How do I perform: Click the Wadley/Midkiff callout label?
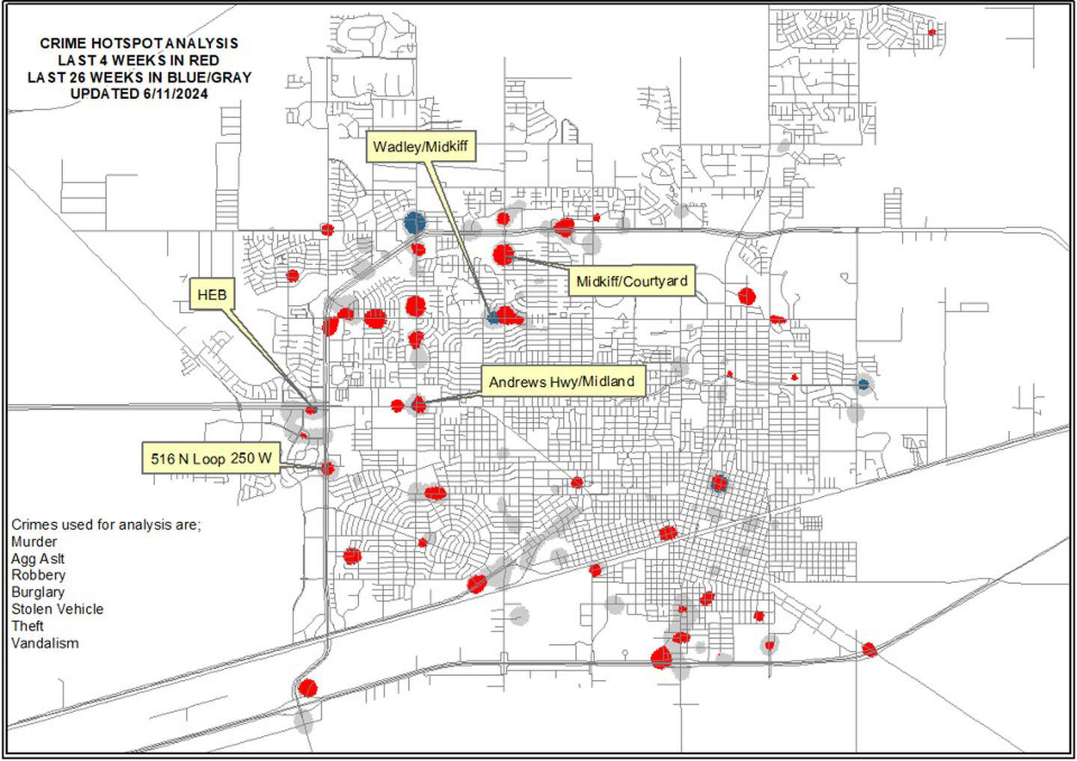click(x=420, y=147)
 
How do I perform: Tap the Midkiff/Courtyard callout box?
click(x=631, y=281)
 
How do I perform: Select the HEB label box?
click(x=212, y=295)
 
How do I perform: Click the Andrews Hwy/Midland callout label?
click(x=562, y=382)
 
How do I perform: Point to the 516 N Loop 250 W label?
click(x=211, y=458)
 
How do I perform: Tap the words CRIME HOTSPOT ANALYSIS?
click(x=139, y=43)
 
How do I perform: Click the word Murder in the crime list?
click(x=34, y=541)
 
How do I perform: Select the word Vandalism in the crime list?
click(x=45, y=643)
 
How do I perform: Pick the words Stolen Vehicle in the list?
click(x=58, y=609)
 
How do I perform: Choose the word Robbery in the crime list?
click(x=38, y=575)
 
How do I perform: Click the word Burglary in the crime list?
click(x=38, y=592)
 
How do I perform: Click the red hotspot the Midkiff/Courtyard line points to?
click(x=503, y=254)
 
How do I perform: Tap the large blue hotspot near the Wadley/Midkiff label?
click(x=414, y=222)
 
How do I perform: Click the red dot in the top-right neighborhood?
click(x=932, y=32)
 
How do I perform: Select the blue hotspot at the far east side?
click(x=863, y=385)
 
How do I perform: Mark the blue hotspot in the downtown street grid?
click(x=719, y=483)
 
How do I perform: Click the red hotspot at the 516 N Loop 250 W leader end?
click(x=327, y=468)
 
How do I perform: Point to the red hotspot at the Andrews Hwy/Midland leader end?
click(x=419, y=405)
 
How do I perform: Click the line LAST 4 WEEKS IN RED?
click(x=139, y=61)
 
